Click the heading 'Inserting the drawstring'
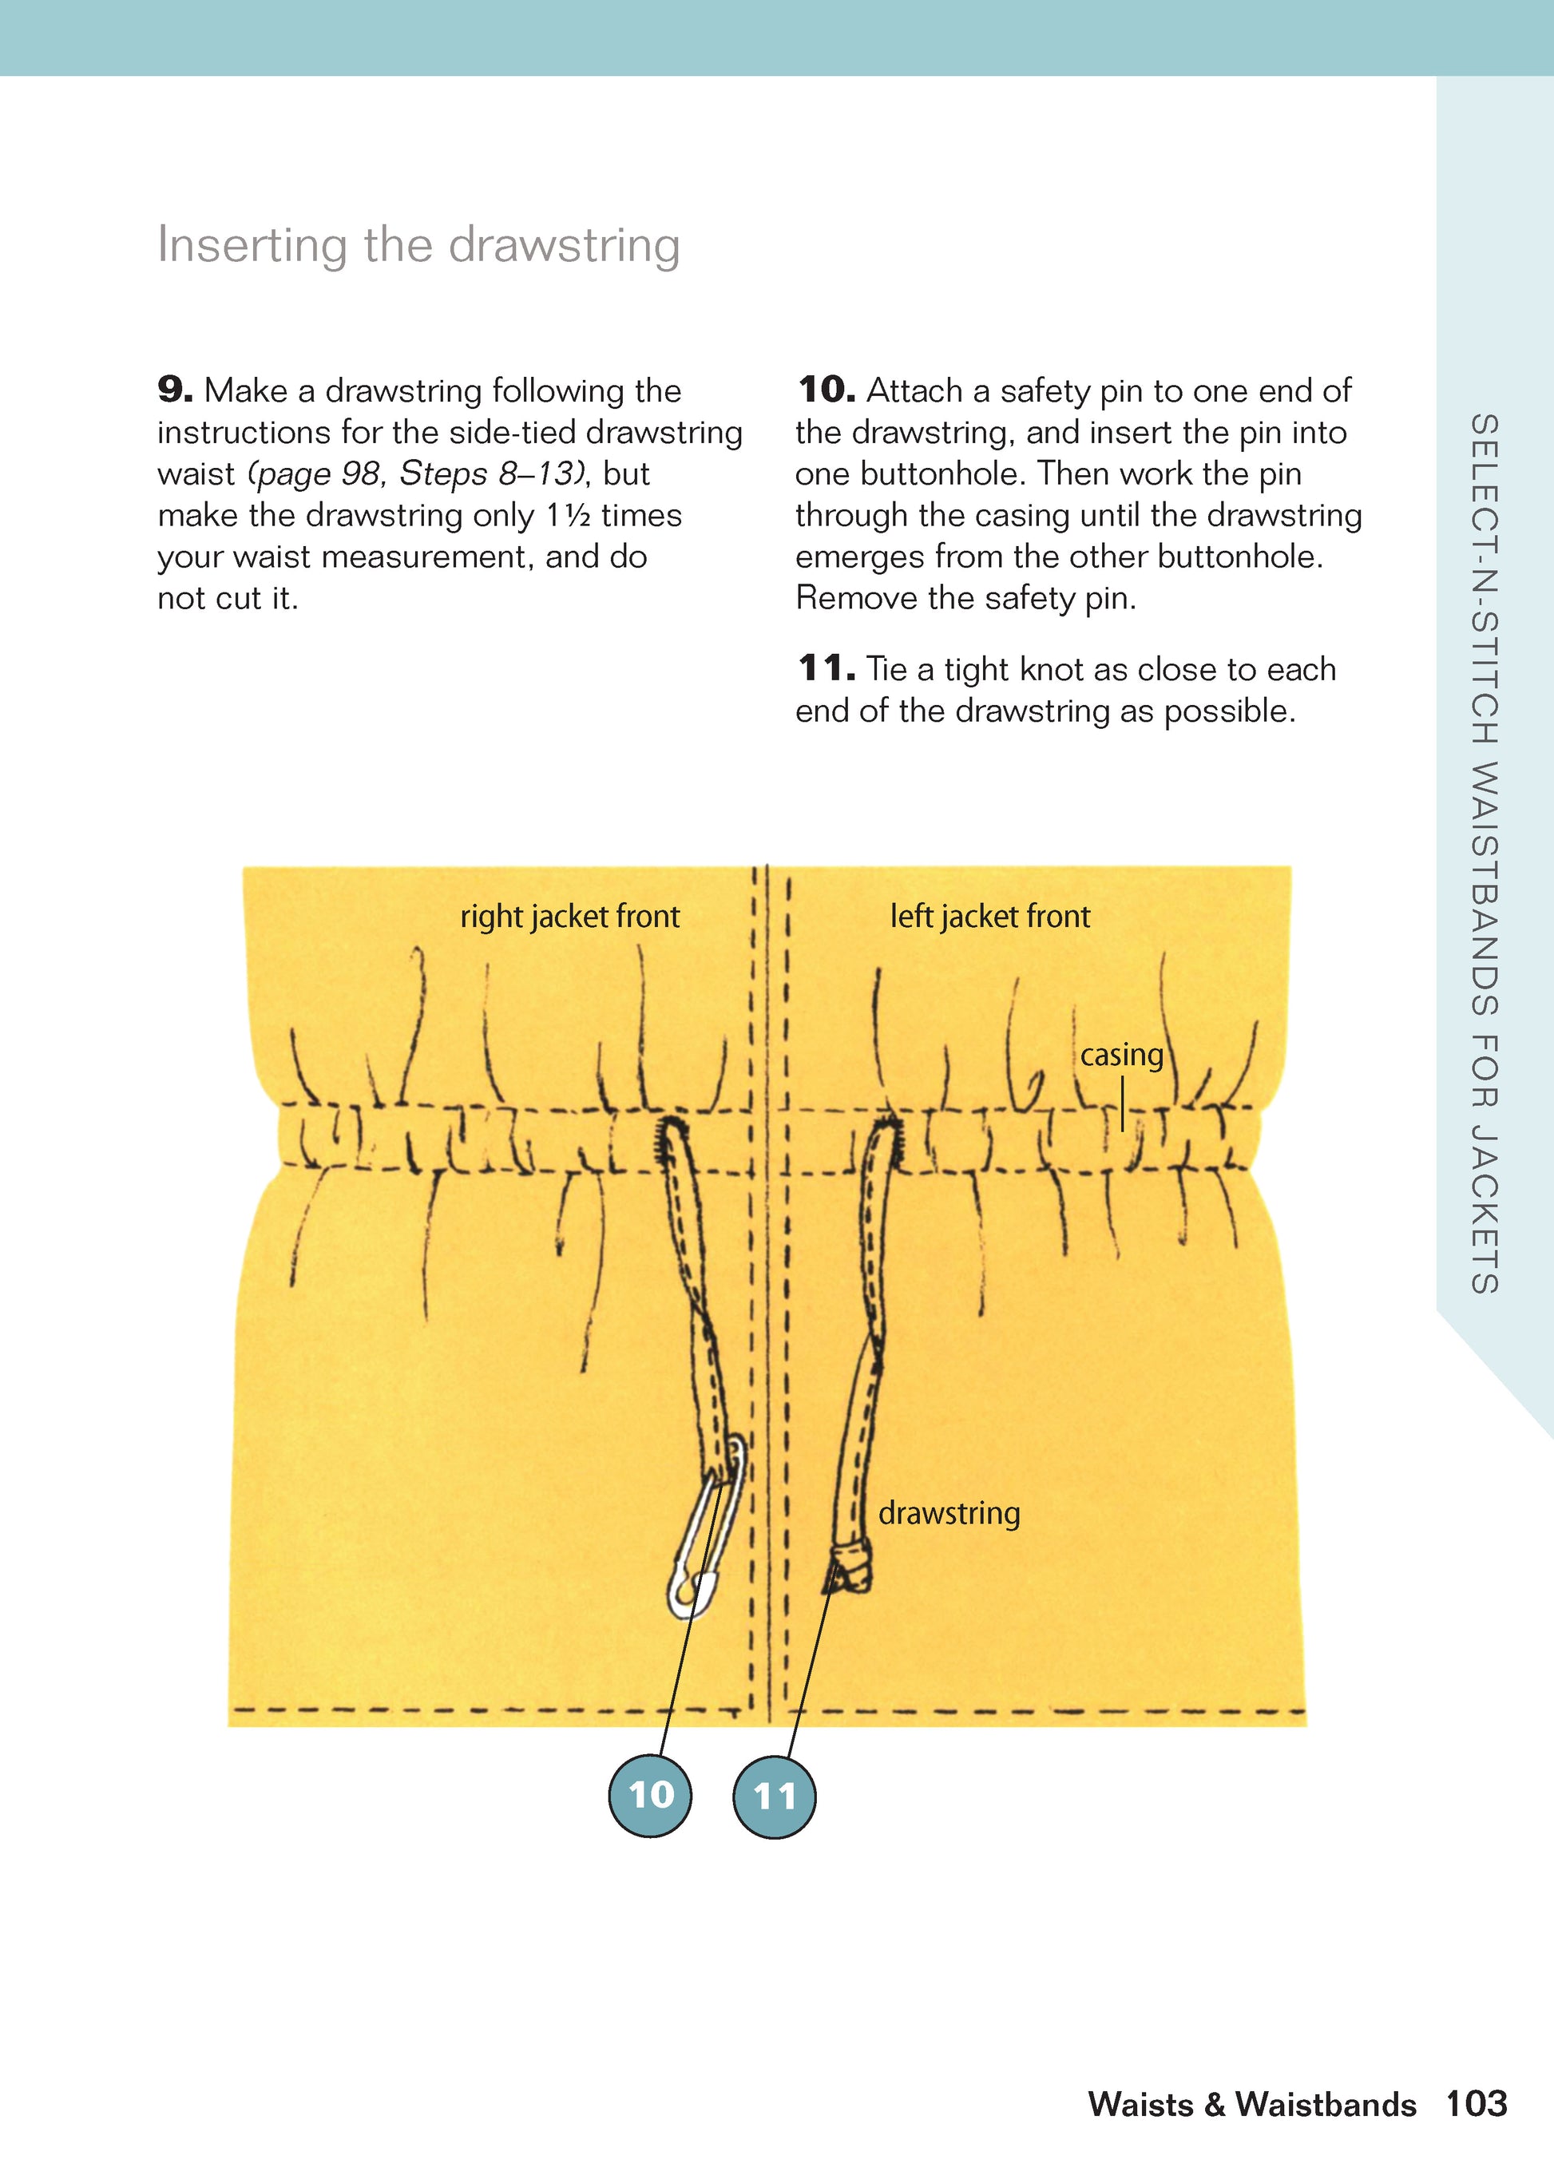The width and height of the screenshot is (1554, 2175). pyautogui.click(x=418, y=245)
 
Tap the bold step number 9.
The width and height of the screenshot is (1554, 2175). pyautogui.click(x=174, y=390)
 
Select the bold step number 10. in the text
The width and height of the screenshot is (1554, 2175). pyautogui.click(x=825, y=390)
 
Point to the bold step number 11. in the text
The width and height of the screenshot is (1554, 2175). pyautogui.click(x=825, y=669)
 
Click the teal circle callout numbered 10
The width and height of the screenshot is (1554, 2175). pyautogui.click(x=650, y=1795)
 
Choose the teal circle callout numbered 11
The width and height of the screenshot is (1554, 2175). pyautogui.click(x=774, y=1795)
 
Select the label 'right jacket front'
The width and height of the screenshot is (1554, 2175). pyautogui.click(x=569, y=917)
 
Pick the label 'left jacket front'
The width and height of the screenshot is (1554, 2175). pyautogui.click(x=989, y=917)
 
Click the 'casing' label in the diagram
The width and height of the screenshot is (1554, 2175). pyautogui.click(x=1121, y=1055)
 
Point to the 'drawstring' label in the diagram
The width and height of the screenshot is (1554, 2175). pyautogui.click(x=948, y=1513)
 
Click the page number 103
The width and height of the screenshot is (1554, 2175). pyautogui.click(x=1477, y=2103)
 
